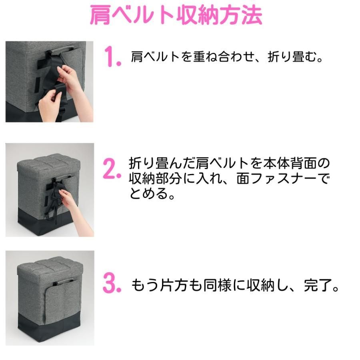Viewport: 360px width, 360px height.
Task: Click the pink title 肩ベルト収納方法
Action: tap(176, 15)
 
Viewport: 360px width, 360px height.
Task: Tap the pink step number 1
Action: tap(112, 56)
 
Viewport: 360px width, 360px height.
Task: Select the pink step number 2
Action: tap(112, 169)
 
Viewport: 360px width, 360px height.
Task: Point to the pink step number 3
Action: tap(112, 283)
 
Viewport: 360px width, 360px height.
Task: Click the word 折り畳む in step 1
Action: tap(292, 56)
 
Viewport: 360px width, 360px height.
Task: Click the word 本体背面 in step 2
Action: tap(290, 163)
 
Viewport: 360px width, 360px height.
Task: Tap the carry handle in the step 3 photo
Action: tap(63, 281)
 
